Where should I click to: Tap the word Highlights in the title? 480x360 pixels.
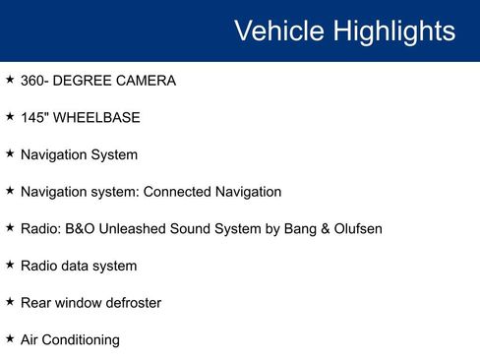[393, 30]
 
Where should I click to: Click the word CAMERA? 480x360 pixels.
[147, 81]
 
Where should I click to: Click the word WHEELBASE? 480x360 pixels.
[96, 118]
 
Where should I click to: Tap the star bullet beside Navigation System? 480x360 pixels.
[9, 154]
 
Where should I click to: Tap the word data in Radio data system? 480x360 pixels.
[81, 267]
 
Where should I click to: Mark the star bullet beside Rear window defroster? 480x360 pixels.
[9, 302]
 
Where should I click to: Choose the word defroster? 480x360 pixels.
[130, 303]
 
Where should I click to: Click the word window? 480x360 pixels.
[75, 303]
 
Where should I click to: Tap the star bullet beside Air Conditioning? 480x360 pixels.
[9, 338]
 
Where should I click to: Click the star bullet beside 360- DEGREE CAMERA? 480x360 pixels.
[9, 80]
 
